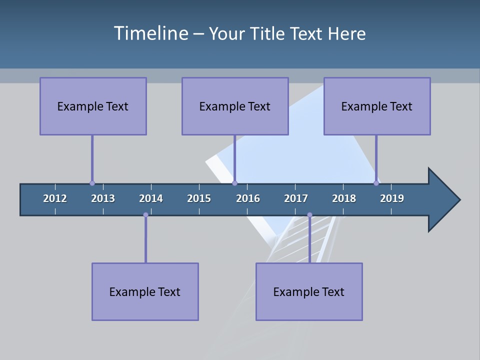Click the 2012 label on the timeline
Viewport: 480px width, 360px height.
pyautogui.click(x=55, y=198)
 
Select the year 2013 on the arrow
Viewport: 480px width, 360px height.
pyautogui.click(x=103, y=198)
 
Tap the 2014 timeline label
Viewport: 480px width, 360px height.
pyautogui.click(x=151, y=198)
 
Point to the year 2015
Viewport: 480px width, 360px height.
pyautogui.click(x=199, y=198)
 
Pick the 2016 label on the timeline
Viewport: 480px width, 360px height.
pyautogui.click(x=248, y=198)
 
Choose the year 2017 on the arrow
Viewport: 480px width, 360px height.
pyautogui.click(x=296, y=198)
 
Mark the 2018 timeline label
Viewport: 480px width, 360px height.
pyautogui.click(x=344, y=198)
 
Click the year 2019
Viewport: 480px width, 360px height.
pyautogui.click(x=392, y=198)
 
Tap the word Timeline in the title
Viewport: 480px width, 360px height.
pyautogui.click(x=149, y=33)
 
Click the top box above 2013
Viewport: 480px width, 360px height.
pyautogui.click(x=93, y=106)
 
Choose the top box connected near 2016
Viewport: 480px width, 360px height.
pyautogui.click(x=235, y=106)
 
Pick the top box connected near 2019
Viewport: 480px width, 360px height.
pyautogui.click(x=377, y=106)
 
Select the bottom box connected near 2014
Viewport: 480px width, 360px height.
pyautogui.click(x=145, y=291)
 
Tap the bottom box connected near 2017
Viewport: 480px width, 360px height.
pyautogui.click(x=309, y=291)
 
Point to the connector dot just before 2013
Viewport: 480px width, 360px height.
pyautogui.click(x=92, y=183)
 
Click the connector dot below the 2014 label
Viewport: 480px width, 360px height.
pyautogui.click(x=145, y=215)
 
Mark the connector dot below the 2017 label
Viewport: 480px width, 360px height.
pyautogui.click(x=309, y=215)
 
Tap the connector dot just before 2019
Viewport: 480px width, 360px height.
pyautogui.click(x=376, y=183)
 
